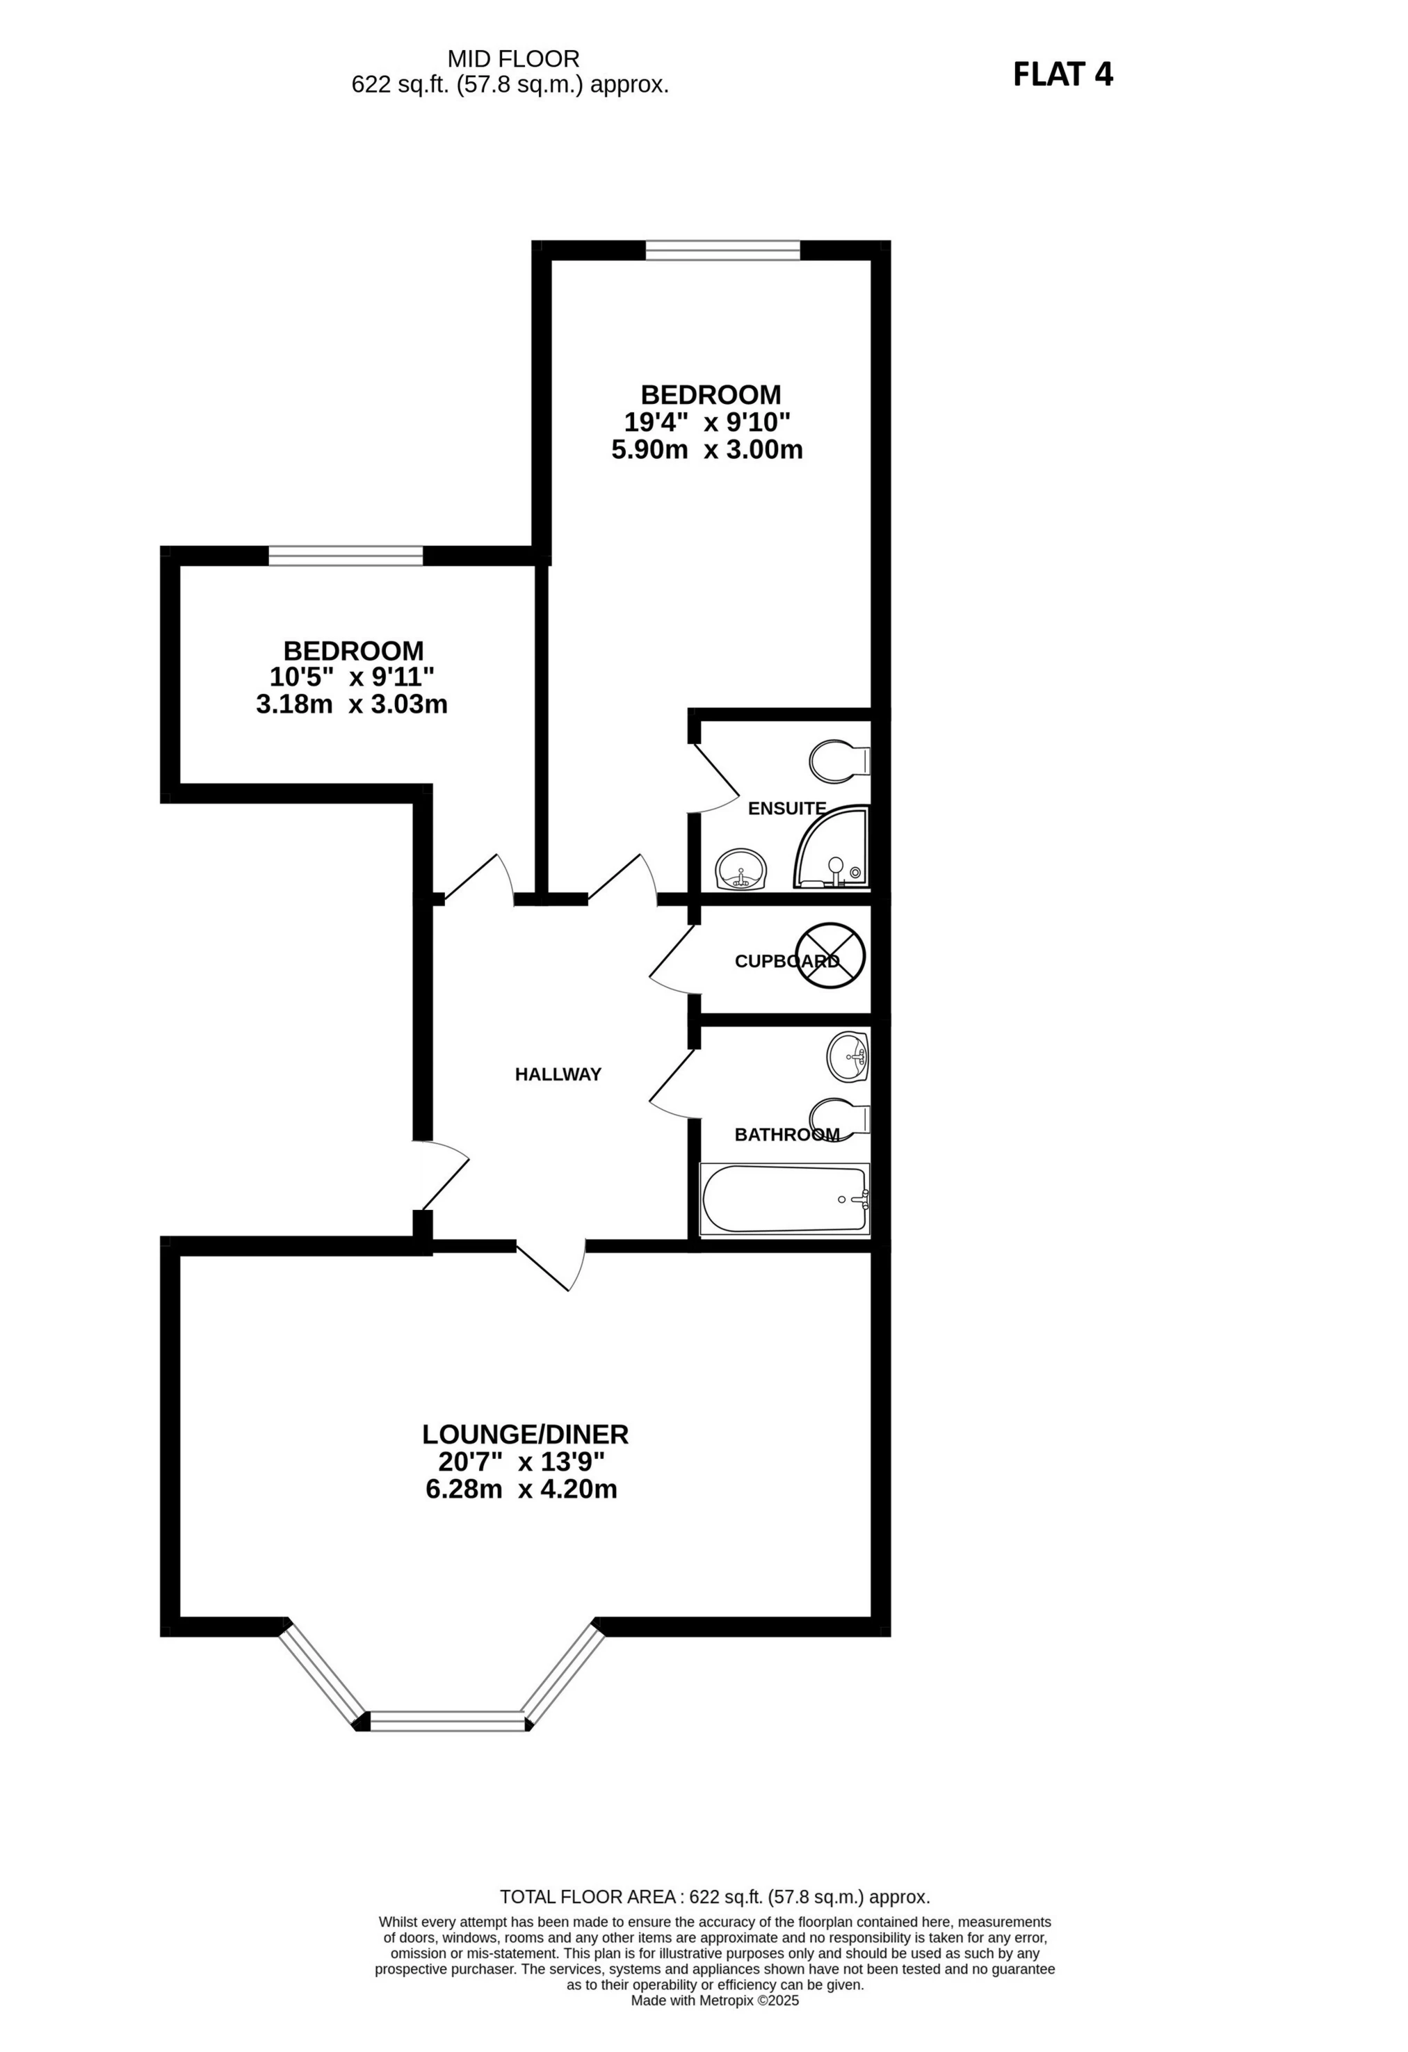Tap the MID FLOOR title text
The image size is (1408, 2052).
[513, 59]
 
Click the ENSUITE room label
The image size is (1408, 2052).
[786, 808]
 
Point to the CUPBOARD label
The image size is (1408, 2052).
[786, 961]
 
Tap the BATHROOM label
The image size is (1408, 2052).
[786, 1135]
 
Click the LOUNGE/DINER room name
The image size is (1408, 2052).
[524, 1434]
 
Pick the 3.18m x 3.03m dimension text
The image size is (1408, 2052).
[351, 704]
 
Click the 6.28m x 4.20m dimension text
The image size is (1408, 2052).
[521, 1489]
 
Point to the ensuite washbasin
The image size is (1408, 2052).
[741, 871]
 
